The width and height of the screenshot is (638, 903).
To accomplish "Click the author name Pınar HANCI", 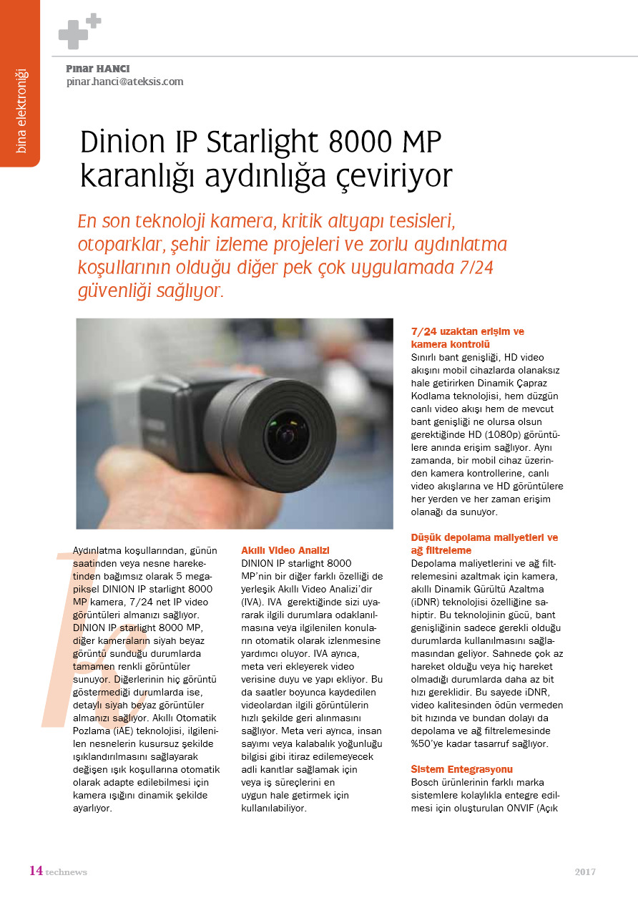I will coord(97,69).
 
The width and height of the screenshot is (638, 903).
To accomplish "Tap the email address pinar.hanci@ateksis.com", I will coord(124,82).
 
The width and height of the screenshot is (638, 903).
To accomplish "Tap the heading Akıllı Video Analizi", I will coord(285,550).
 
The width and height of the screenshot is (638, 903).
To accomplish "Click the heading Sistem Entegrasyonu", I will coord(462,769).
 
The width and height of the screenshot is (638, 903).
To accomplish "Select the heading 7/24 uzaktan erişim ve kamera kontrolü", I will coord(468,338).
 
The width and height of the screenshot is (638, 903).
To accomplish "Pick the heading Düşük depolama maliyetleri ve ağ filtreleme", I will coord(484,544).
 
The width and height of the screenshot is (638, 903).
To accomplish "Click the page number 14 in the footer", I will coord(36,871).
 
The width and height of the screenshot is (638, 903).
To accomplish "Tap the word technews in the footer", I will coord(67,872).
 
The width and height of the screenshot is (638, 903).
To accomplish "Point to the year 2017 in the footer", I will coord(585,872).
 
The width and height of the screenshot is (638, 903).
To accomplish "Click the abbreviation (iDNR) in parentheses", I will coord(428,602).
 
